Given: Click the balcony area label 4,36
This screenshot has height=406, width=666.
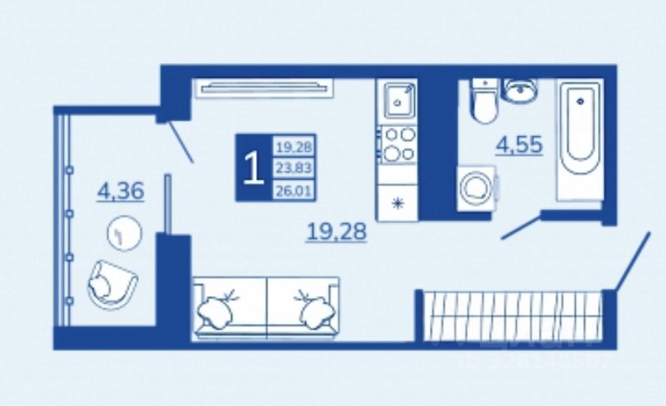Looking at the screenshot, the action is click(121, 192).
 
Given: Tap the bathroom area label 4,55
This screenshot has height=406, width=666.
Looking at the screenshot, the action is click(518, 145).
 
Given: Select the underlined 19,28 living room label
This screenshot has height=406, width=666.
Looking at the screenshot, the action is click(336, 232).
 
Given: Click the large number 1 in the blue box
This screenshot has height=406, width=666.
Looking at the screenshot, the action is click(253, 167).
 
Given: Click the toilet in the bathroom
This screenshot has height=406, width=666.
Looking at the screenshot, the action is click(483, 103).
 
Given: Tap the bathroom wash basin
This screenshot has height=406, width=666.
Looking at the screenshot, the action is click(519, 91).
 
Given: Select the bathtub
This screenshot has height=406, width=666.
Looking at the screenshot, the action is click(580, 138).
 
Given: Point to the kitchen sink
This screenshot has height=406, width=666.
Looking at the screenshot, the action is click(398, 102).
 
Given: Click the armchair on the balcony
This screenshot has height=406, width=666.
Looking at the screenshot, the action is click(111, 284).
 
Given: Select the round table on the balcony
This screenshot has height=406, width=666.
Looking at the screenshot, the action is click(125, 234).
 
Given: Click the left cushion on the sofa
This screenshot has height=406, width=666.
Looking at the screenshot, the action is click(218, 308).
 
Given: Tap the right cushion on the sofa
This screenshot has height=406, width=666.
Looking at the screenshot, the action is click(314, 308).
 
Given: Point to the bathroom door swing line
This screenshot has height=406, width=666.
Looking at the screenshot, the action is click(519, 228).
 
